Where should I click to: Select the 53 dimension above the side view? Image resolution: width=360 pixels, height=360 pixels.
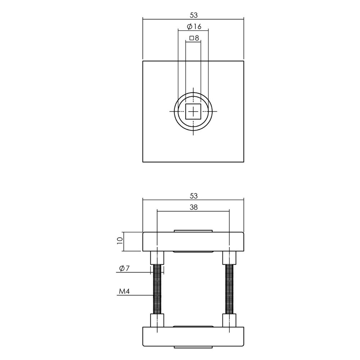(194, 196)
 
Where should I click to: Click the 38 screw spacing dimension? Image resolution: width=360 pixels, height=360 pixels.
(194, 207)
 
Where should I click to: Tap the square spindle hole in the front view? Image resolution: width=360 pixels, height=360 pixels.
(193, 112)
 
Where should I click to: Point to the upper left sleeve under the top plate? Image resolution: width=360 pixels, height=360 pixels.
(157, 258)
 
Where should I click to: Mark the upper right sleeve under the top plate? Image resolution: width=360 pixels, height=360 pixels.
(229, 258)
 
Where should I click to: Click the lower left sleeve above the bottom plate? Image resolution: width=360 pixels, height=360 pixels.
(157, 320)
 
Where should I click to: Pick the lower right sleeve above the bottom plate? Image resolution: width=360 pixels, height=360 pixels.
(229, 320)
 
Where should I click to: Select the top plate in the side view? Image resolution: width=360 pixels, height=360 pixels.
(193, 242)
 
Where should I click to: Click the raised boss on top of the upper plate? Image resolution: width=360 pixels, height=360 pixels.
(193, 231)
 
